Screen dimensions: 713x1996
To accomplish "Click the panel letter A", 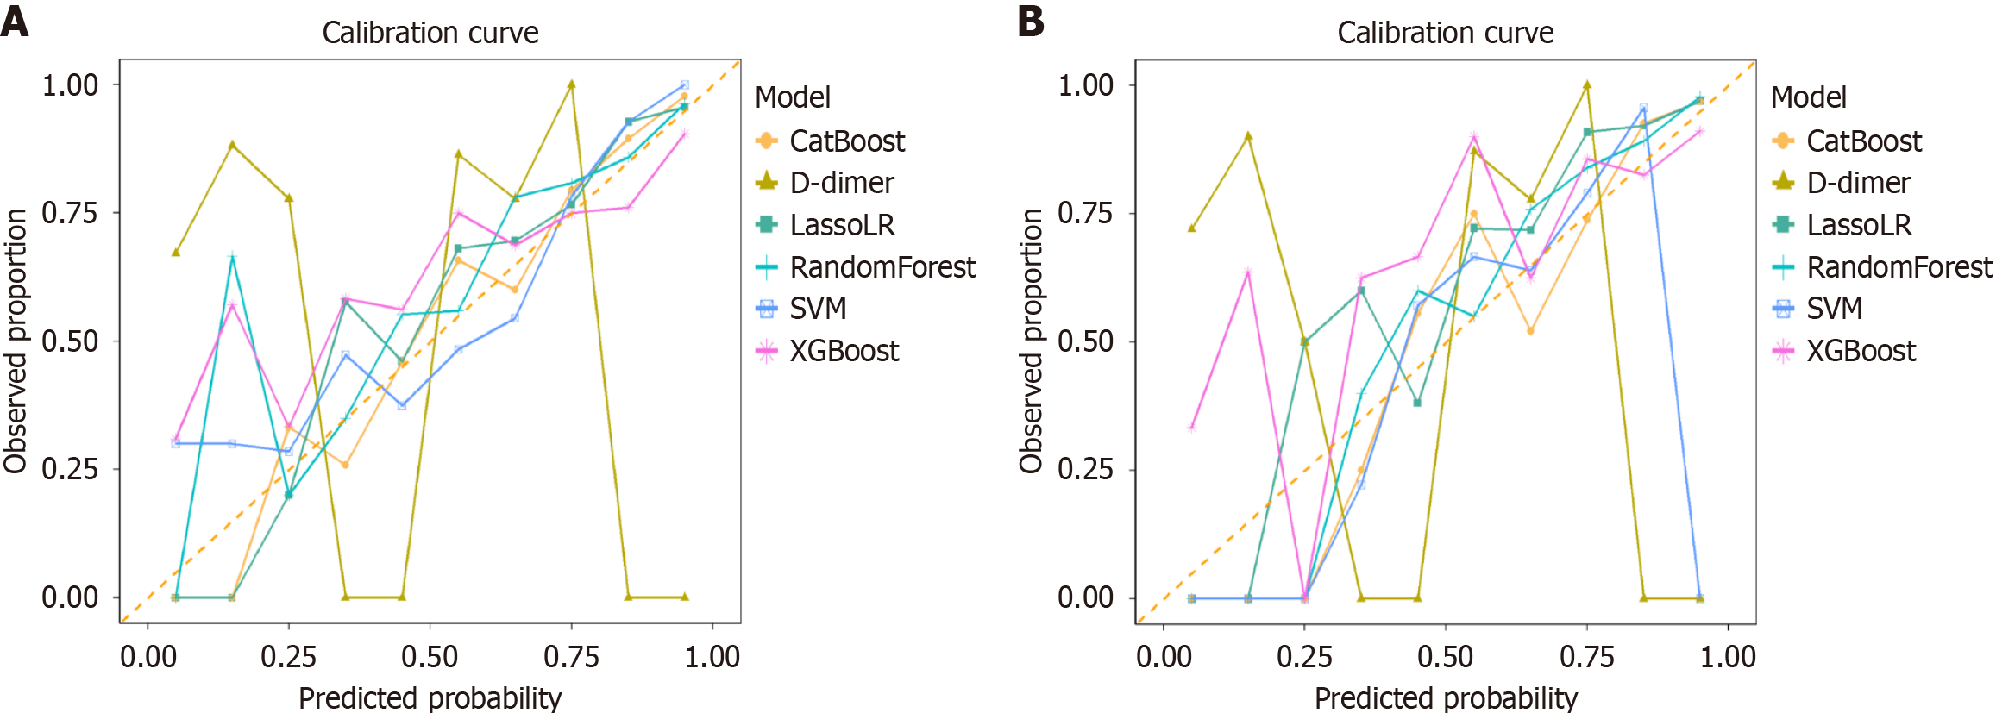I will pyautogui.click(x=15, y=21).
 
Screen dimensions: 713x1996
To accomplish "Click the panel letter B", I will pyautogui.click(x=1031, y=21).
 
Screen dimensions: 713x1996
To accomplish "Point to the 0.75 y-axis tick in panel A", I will pyautogui.click(x=70, y=213).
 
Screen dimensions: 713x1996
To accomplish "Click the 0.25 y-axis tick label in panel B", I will pyautogui.click(x=1086, y=469).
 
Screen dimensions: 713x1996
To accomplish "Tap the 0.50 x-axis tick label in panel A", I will pyautogui.click(x=430, y=657).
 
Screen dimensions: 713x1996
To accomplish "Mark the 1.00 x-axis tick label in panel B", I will pyautogui.click(x=1728, y=657).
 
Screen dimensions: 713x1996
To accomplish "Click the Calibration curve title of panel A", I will pyautogui.click(x=430, y=33).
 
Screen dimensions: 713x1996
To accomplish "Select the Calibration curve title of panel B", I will pyautogui.click(x=1446, y=33).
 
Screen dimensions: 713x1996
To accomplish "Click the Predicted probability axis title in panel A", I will pyautogui.click(x=430, y=697).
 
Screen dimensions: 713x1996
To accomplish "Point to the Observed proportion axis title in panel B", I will pyautogui.click(x=1031, y=341).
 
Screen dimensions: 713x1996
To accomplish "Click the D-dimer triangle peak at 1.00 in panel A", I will pyautogui.click(x=571, y=84).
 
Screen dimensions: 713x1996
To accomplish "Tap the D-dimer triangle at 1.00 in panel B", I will pyautogui.click(x=1587, y=85).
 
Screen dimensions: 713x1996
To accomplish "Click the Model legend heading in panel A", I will pyautogui.click(x=793, y=97).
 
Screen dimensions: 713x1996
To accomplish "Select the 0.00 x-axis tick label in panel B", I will pyautogui.click(x=1164, y=657).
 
